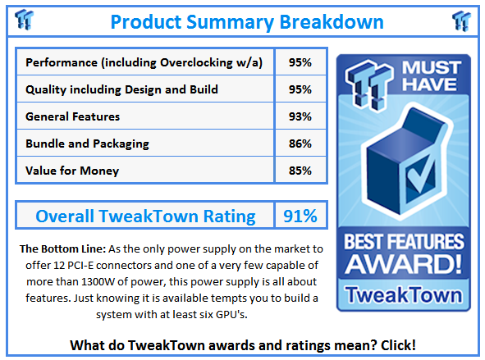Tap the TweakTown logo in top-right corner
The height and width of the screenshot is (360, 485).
[x=460, y=20]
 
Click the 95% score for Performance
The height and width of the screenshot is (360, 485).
[x=300, y=62]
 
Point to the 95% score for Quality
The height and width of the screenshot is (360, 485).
[x=300, y=89]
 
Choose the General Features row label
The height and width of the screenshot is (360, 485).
[x=73, y=116]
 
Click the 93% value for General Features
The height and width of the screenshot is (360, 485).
[x=300, y=116]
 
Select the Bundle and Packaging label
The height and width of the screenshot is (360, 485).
[x=87, y=144]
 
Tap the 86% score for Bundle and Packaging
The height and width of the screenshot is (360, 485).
[x=300, y=144]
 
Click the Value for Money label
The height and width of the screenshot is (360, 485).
[x=72, y=171]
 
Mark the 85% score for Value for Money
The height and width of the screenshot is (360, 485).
[x=300, y=171]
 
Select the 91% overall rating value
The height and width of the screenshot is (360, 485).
[x=300, y=216]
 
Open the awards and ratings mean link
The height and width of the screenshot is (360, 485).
[x=242, y=344]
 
